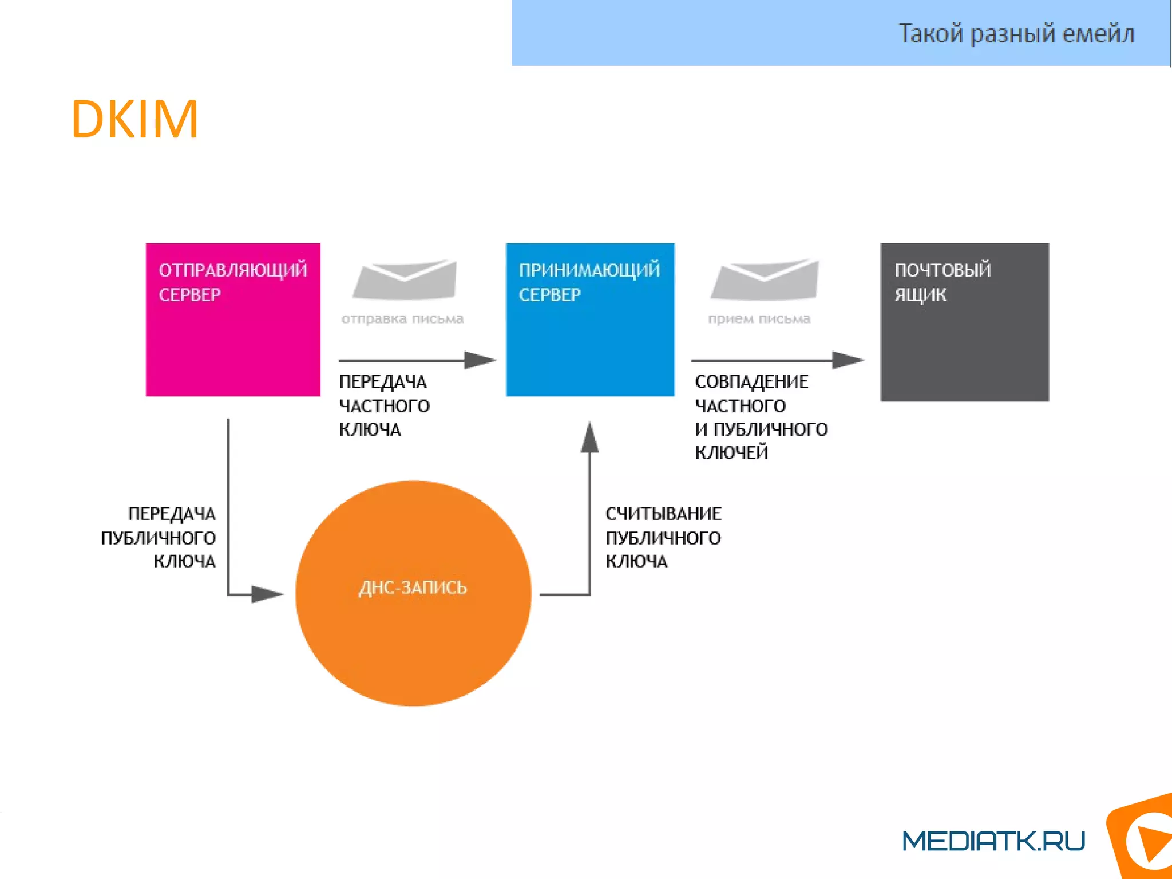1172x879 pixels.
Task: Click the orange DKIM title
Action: pyautogui.click(x=134, y=119)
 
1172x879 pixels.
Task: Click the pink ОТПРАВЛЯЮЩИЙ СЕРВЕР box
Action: pyautogui.click(x=233, y=320)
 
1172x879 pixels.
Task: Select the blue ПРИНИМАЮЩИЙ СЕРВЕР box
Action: pyautogui.click(x=590, y=320)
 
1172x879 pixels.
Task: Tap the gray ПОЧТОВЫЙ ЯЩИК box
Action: pyautogui.click(x=964, y=322)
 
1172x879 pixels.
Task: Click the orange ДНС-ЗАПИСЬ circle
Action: pyautogui.click(x=413, y=593)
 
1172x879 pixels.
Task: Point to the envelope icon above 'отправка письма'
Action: pyautogui.click(x=405, y=279)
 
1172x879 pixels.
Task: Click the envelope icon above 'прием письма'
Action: pyautogui.click(x=765, y=279)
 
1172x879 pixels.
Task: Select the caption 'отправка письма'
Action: pyautogui.click(x=402, y=318)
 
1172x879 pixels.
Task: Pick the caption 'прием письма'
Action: pyautogui.click(x=759, y=318)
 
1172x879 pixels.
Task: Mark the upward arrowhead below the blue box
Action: pyautogui.click(x=589, y=438)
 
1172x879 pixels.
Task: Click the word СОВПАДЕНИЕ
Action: pyautogui.click(x=751, y=382)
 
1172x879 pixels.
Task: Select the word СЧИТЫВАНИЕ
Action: pyautogui.click(x=663, y=514)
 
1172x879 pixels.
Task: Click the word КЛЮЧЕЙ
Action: pyautogui.click(x=731, y=452)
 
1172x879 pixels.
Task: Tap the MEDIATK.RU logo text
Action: pyautogui.click(x=993, y=841)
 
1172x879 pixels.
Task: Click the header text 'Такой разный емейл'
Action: pyautogui.click(x=1016, y=33)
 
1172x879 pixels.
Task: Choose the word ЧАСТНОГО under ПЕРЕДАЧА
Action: pyautogui.click(x=384, y=406)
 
